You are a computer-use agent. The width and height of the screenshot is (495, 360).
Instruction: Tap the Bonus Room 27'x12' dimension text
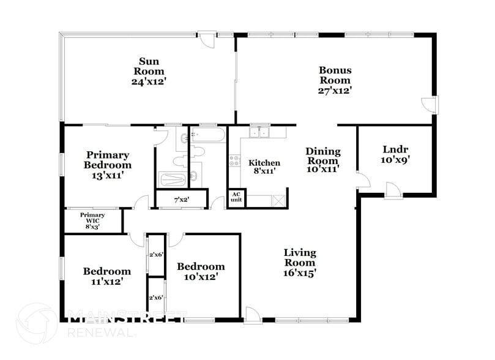pyautogui.click(x=335, y=89)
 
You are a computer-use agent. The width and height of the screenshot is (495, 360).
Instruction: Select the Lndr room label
pyautogui.click(x=395, y=149)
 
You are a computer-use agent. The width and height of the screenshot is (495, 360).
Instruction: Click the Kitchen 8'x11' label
pyautogui.click(x=264, y=167)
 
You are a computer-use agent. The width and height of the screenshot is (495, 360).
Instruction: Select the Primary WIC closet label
pyautogui.click(x=93, y=220)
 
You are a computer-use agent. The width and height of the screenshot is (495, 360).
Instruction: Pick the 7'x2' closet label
pyautogui.click(x=181, y=199)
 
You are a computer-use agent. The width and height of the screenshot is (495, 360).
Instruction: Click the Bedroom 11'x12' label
pyautogui.click(x=107, y=276)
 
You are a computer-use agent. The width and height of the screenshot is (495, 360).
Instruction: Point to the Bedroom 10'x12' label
pyautogui.click(x=201, y=271)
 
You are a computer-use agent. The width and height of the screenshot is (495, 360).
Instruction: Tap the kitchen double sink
pyautogui.click(x=260, y=132)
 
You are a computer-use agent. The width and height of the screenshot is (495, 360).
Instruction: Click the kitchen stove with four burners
pyautogui.click(x=234, y=160)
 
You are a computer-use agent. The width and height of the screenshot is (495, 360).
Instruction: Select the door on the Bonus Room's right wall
pyautogui.click(x=432, y=105)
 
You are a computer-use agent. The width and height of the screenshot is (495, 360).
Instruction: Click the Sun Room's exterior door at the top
pyautogui.click(x=209, y=39)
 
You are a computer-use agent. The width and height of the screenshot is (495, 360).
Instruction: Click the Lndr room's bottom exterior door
pyautogui.click(x=392, y=190)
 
